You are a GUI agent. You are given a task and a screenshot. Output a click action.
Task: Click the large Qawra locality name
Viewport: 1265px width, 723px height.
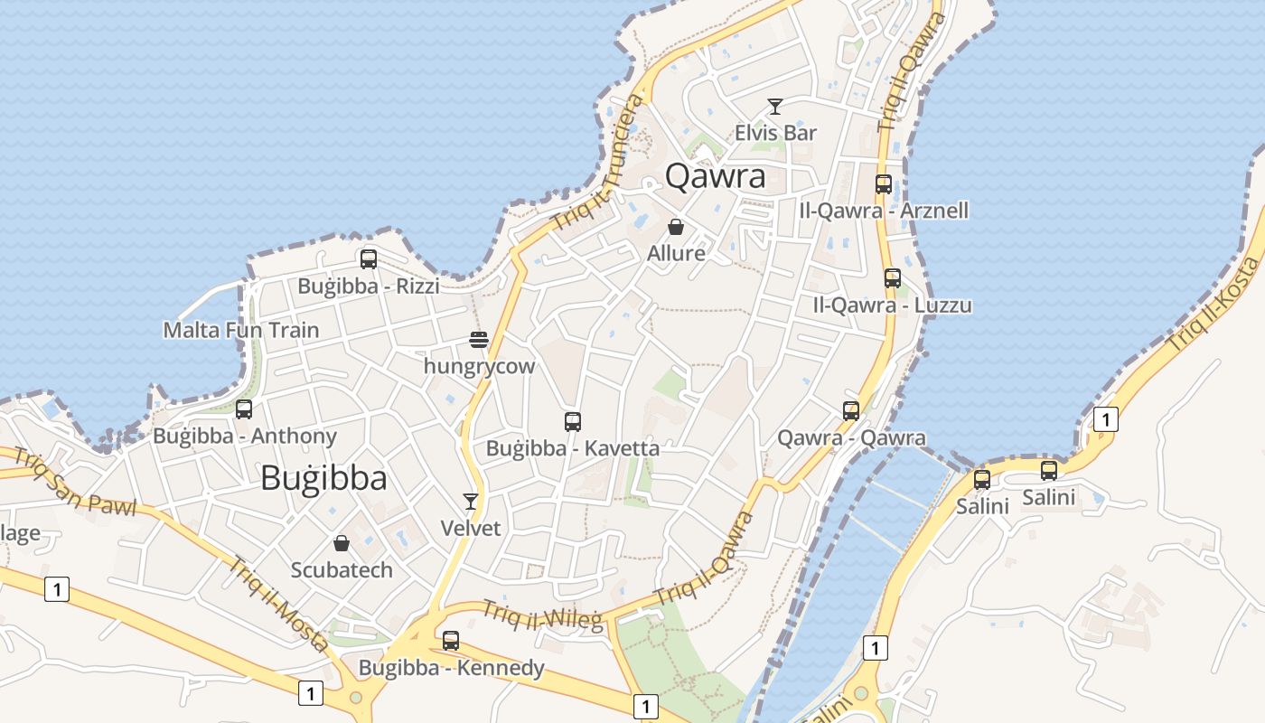tap(715, 176)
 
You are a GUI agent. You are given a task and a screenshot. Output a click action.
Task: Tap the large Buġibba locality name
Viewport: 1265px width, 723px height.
tap(323, 478)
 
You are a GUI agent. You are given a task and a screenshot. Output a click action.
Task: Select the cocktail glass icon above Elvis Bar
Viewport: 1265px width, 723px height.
tap(775, 107)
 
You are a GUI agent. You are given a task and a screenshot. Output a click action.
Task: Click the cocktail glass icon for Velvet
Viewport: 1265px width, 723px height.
tap(470, 502)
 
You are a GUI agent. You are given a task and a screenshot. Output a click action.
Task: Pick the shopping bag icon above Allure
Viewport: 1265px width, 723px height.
tap(675, 227)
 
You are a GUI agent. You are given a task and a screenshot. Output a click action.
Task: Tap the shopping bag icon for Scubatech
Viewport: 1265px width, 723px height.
tap(342, 543)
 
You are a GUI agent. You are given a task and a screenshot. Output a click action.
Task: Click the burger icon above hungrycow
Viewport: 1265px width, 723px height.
tap(479, 340)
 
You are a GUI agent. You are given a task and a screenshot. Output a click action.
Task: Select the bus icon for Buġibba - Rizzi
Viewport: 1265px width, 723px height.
tap(369, 259)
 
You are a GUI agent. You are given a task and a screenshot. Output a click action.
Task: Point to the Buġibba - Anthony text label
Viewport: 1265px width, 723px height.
tap(245, 437)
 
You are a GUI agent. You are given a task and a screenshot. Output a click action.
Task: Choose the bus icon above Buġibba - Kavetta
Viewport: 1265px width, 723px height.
tap(572, 421)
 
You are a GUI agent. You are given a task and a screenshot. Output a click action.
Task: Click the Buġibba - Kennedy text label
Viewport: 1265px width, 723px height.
tap(452, 668)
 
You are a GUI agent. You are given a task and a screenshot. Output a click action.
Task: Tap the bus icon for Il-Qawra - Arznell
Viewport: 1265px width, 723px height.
tap(884, 184)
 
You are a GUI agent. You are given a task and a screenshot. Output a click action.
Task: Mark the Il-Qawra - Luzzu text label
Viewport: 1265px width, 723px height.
tap(892, 305)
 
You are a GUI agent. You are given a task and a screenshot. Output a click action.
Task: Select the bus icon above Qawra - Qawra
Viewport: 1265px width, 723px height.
tap(851, 411)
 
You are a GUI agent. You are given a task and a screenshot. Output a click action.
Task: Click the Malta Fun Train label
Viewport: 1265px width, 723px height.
tap(241, 330)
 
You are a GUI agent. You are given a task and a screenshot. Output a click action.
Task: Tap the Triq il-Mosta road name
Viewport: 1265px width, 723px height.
tap(277, 604)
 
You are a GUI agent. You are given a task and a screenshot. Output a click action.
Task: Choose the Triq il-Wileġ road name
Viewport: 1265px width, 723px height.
tap(541, 615)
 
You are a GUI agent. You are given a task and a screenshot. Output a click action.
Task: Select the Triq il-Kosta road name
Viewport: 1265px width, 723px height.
tap(1213, 305)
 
